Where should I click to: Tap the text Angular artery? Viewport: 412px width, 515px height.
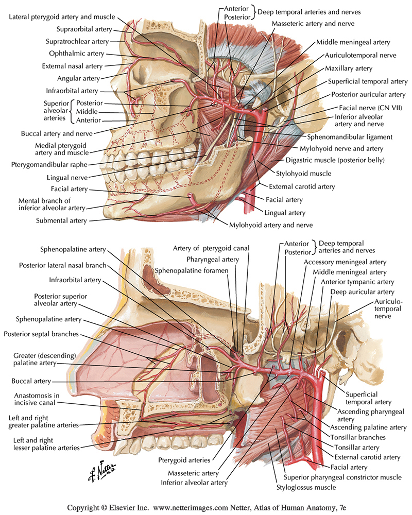pyautogui.click(x=79, y=78)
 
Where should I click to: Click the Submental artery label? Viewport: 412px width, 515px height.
pyautogui.click(x=61, y=220)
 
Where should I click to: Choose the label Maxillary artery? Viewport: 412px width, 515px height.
pyautogui.click(x=348, y=68)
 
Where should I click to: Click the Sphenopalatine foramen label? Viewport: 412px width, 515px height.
pyautogui.click(x=192, y=270)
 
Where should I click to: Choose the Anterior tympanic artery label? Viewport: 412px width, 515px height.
pyautogui.click(x=357, y=282)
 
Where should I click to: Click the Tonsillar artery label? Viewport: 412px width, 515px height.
pyautogui.click(x=356, y=447)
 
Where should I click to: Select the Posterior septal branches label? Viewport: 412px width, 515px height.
pyautogui.click(x=41, y=334)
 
